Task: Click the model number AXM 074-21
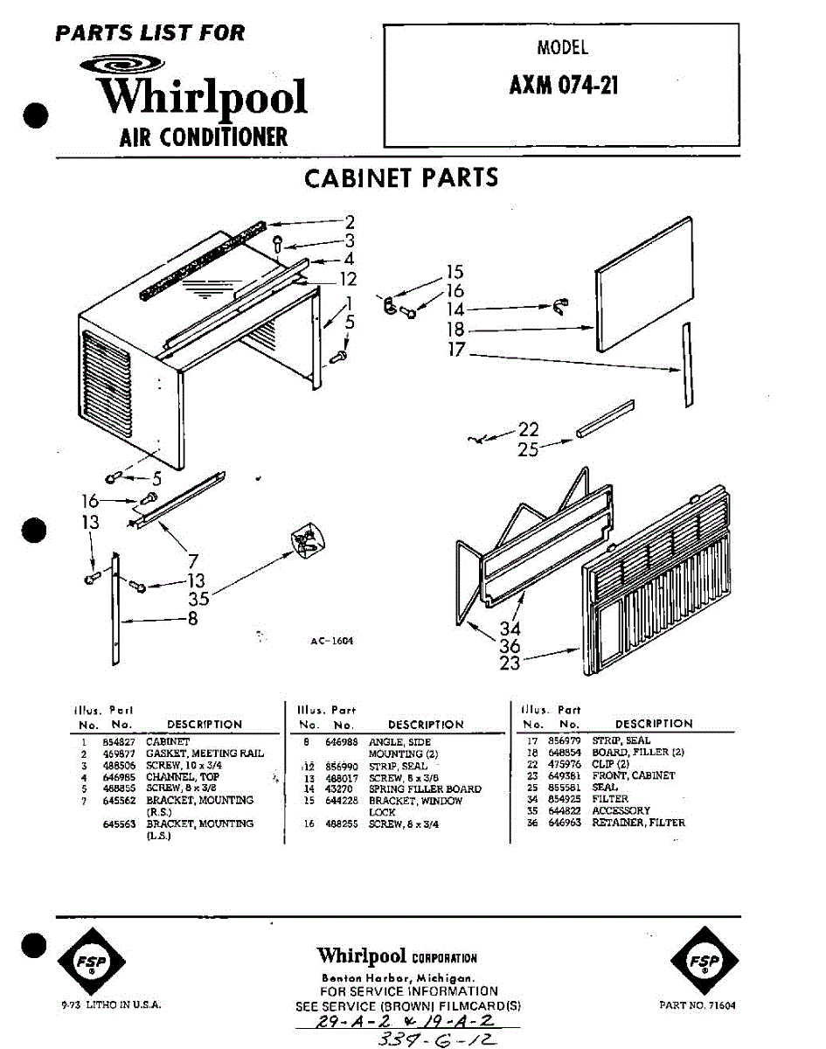[564, 87]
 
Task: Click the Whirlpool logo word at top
[201, 96]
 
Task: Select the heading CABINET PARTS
[401, 177]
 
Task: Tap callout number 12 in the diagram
[349, 280]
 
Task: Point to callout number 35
[199, 600]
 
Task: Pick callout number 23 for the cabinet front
[510, 663]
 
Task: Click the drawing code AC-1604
[331, 641]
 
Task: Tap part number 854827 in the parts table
[118, 741]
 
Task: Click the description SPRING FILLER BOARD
[425, 789]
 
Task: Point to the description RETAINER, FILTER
[639, 823]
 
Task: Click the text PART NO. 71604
[698, 1006]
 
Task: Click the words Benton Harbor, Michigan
[398, 977]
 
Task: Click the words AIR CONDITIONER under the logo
[203, 137]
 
